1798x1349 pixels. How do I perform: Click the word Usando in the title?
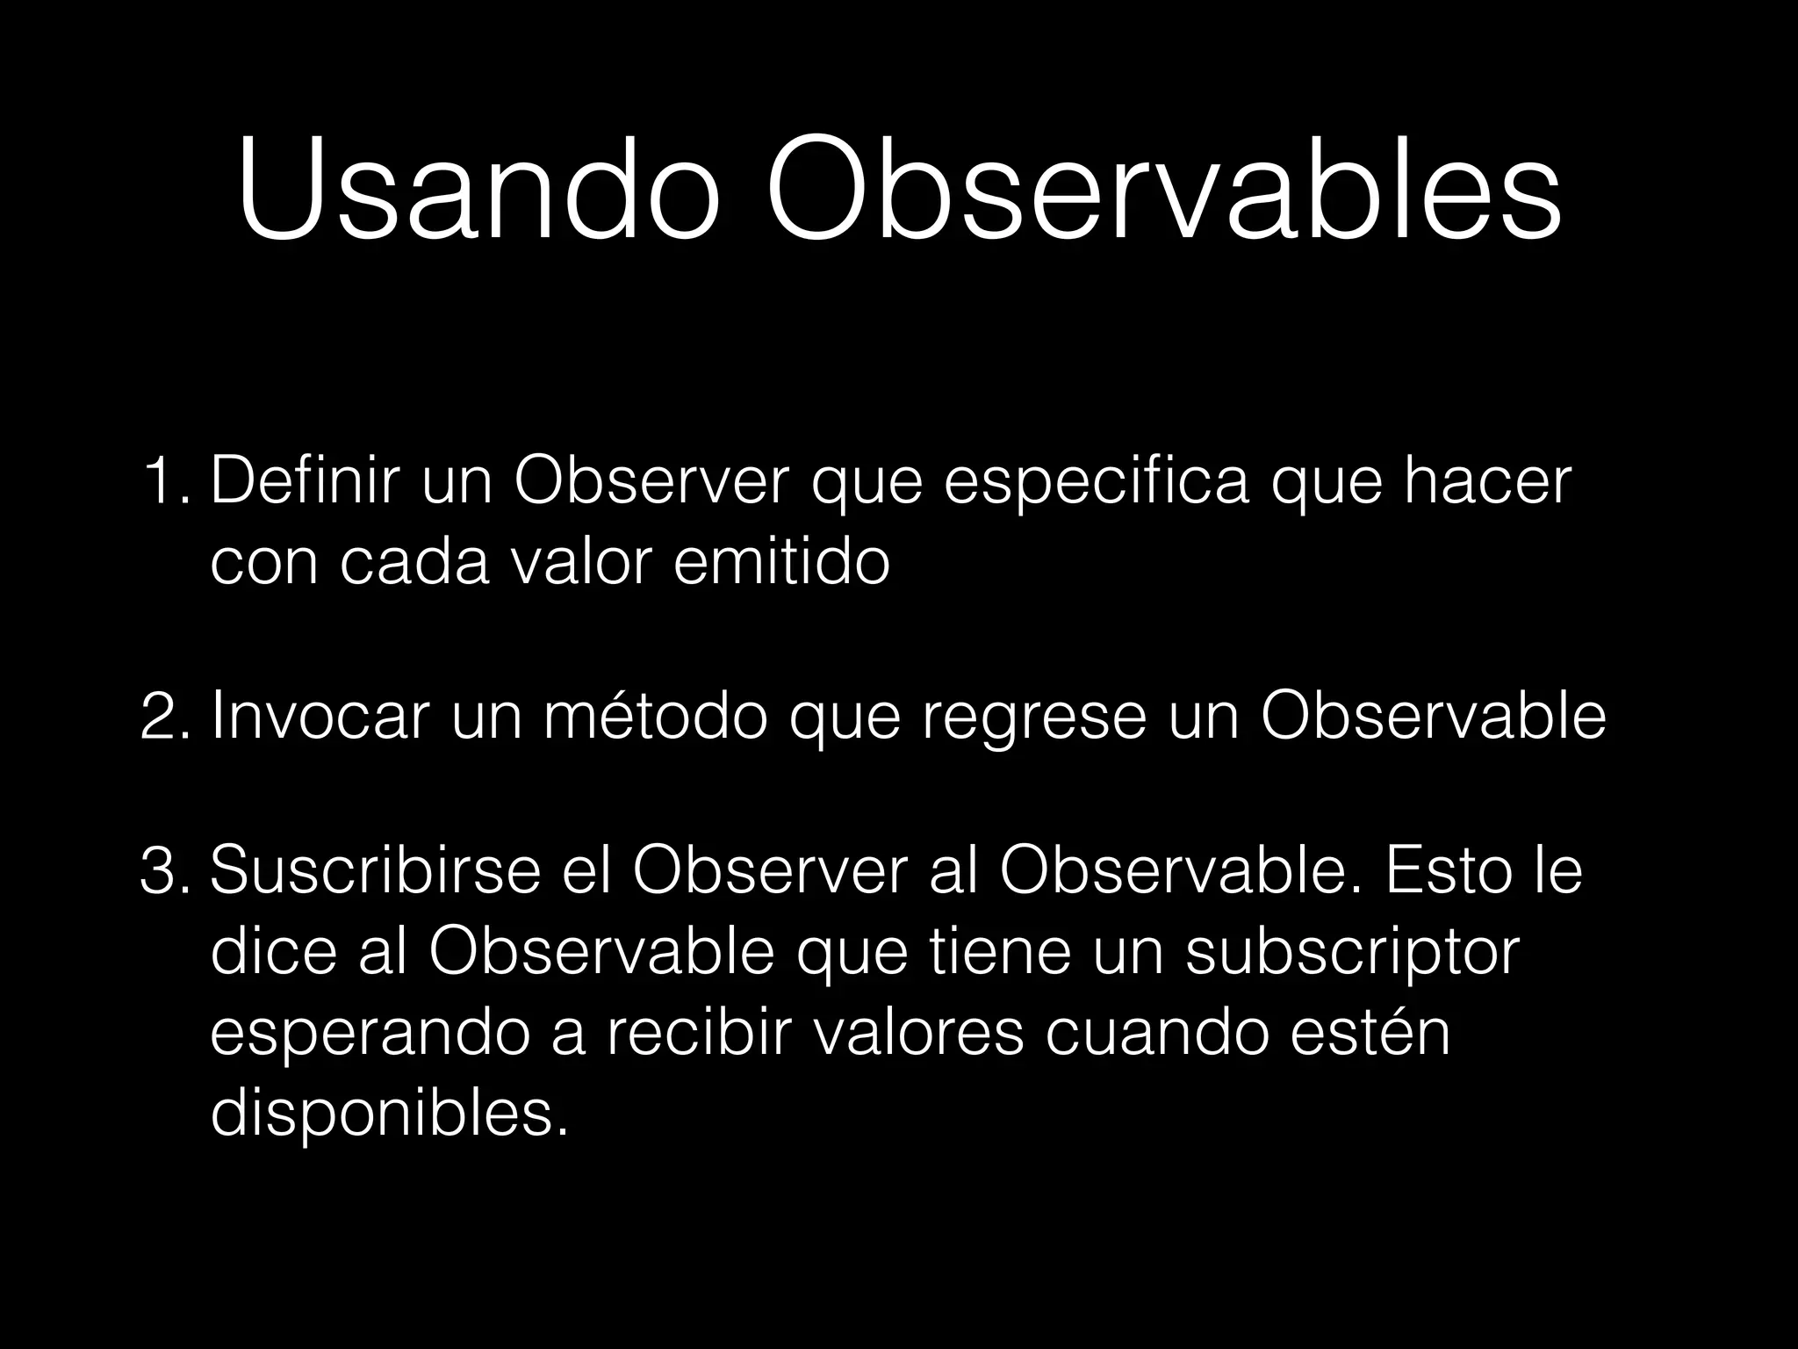point(478,190)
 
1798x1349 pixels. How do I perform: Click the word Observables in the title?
point(1163,190)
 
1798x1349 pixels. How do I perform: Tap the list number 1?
point(163,482)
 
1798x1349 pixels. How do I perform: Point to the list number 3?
point(163,872)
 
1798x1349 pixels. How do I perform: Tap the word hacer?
point(1487,482)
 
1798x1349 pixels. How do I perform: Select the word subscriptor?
point(1352,954)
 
